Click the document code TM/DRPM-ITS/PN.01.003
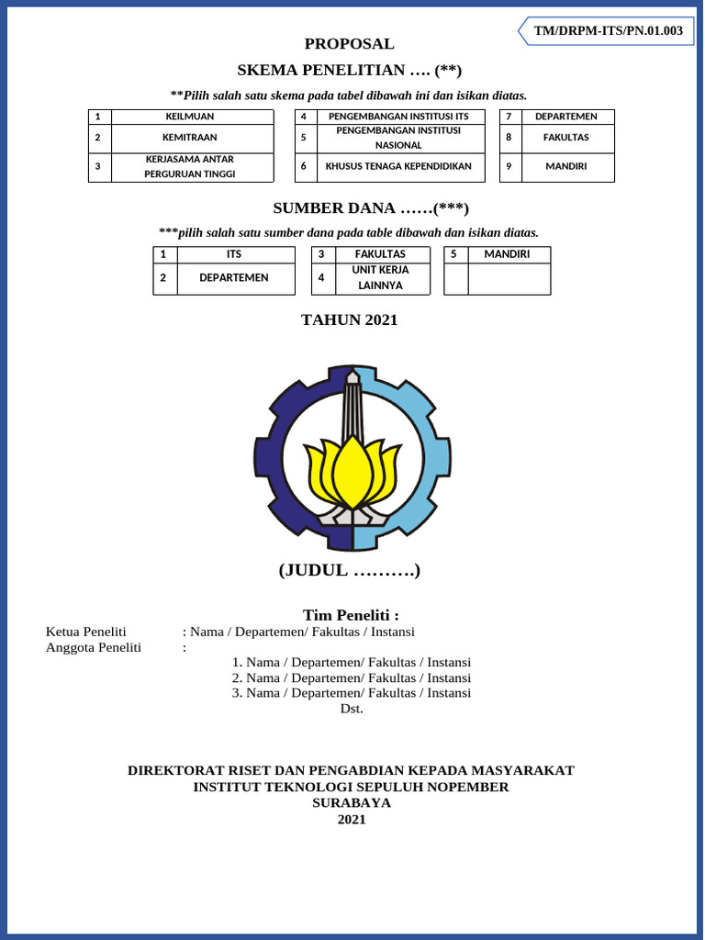tap(609, 31)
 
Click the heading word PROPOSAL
tap(350, 44)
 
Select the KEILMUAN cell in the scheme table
tap(192, 117)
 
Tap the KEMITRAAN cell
tap(192, 138)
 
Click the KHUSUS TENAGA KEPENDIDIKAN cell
tap(398, 166)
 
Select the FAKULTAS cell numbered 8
tap(566, 138)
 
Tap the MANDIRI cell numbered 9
tap(566, 166)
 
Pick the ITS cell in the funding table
tap(234, 254)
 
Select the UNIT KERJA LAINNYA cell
tap(380, 278)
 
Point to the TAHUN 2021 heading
tap(350, 320)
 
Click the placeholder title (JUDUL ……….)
tap(350, 571)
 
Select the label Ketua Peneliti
tap(86, 632)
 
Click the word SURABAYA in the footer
tap(352, 803)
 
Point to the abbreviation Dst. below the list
tap(352, 709)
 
